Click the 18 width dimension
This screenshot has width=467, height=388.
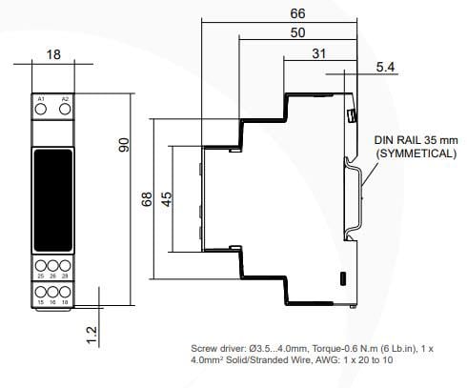(x=53, y=55)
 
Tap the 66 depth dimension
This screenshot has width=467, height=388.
(x=298, y=14)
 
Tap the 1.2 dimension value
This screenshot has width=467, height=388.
(x=91, y=335)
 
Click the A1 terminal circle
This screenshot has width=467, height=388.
(x=41, y=112)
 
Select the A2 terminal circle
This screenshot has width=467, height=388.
(x=65, y=112)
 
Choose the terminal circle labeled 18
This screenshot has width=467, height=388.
(x=65, y=291)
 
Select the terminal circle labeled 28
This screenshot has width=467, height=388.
(x=65, y=267)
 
